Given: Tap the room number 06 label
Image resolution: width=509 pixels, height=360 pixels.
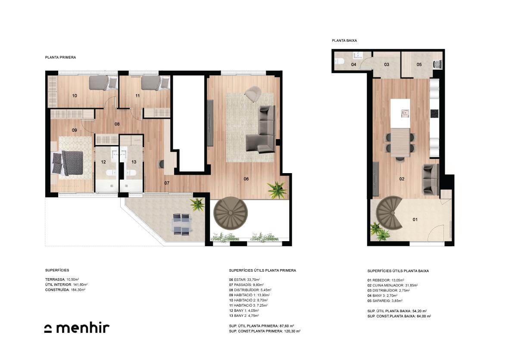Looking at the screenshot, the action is (246, 179).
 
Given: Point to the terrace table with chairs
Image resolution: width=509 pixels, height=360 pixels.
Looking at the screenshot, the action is (181, 224).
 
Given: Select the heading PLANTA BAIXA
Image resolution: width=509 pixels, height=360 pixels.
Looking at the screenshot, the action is (344, 40).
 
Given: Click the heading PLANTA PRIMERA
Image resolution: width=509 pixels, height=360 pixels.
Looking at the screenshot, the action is (60, 57).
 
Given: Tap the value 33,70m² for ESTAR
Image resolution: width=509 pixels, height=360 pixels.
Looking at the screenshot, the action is (253, 279).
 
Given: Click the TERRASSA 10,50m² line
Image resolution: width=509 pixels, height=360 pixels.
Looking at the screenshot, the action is (62, 279).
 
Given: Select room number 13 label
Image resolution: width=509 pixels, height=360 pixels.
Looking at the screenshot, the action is (134, 162).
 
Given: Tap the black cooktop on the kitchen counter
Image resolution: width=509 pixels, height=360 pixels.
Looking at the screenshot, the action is (434, 114).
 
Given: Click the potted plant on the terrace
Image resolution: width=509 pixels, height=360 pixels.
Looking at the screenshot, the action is (197, 205).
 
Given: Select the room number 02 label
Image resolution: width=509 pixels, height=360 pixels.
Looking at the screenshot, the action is (402, 179).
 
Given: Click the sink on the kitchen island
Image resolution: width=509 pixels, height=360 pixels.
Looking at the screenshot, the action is (405, 114).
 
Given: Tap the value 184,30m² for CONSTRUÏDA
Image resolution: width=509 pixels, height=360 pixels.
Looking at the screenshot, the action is (78, 290).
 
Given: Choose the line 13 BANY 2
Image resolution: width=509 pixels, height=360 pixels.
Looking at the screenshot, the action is (244, 316).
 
